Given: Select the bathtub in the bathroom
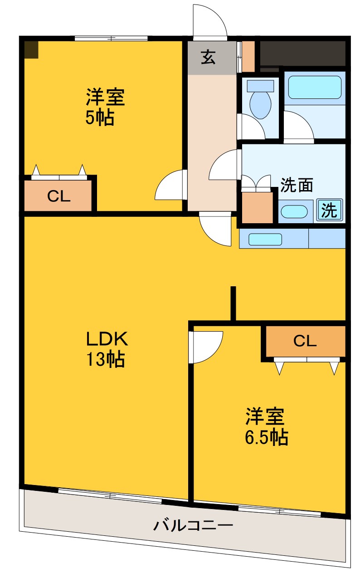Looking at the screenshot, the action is (315, 87).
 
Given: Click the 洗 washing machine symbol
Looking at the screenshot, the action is (330, 210).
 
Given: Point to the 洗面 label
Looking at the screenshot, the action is (297, 185).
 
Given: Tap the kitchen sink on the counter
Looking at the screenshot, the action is (265, 239).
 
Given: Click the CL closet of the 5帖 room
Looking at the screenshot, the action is (59, 196).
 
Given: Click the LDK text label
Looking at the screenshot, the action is (108, 338).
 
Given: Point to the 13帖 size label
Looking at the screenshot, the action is (106, 360).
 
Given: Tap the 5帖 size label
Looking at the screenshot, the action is (100, 118).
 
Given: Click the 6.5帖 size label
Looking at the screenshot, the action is (267, 437).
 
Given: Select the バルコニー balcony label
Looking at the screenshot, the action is (193, 526).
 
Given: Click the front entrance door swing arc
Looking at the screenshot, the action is (210, 20).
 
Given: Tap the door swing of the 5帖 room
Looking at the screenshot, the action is (170, 186).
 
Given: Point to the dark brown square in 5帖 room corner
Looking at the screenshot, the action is (31, 49).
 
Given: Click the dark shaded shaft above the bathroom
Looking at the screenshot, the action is (302, 53).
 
